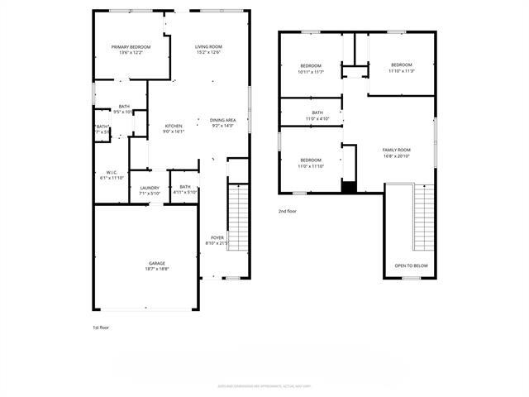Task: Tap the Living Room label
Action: click(x=209, y=46)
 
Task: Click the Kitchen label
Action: click(x=173, y=126)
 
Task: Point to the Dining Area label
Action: click(x=223, y=120)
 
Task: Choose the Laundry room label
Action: click(x=150, y=187)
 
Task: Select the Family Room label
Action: click(x=396, y=150)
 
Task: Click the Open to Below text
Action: click(x=411, y=265)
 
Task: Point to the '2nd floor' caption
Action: click(x=288, y=212)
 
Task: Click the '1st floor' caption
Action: click(x=100, y=328)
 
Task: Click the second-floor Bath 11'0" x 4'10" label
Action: click(x=317, y=115)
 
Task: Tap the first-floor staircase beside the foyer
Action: click(x=238, y=217)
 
